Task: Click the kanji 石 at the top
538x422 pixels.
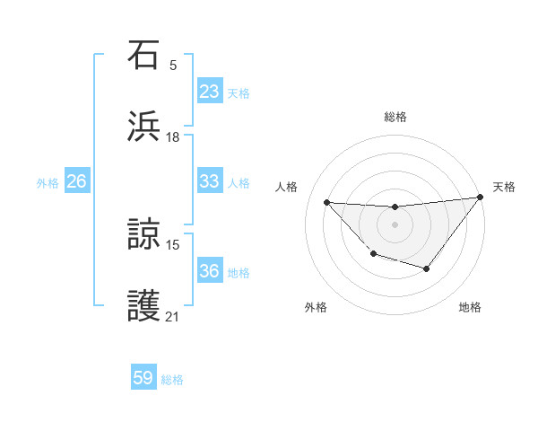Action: click(144, 56)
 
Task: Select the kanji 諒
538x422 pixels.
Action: click(144, 234)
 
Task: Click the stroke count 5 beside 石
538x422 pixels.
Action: click(173, 65)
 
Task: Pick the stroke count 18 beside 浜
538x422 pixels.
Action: click(173, 137)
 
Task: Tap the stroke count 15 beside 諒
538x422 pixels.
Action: click(173, 243)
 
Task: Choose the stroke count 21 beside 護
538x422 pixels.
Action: click(173, 316)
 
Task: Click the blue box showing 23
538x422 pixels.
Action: click(210, 92)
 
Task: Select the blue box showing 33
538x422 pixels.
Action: click(210, 181)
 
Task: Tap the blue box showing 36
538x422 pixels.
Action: click(210, 271)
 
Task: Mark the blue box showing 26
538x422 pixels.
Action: click(76, 181)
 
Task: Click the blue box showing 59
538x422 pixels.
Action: click(143, 378)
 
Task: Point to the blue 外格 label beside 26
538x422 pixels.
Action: click(48, 182)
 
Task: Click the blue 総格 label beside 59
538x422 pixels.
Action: click(172, 380)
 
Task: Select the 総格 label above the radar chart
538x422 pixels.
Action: click(395, 117)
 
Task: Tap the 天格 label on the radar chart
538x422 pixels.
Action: click(504, 187)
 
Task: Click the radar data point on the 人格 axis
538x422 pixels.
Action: click(326, 201)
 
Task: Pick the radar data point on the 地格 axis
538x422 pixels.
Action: click(427, 268)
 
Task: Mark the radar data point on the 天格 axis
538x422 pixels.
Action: click(481, 197)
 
